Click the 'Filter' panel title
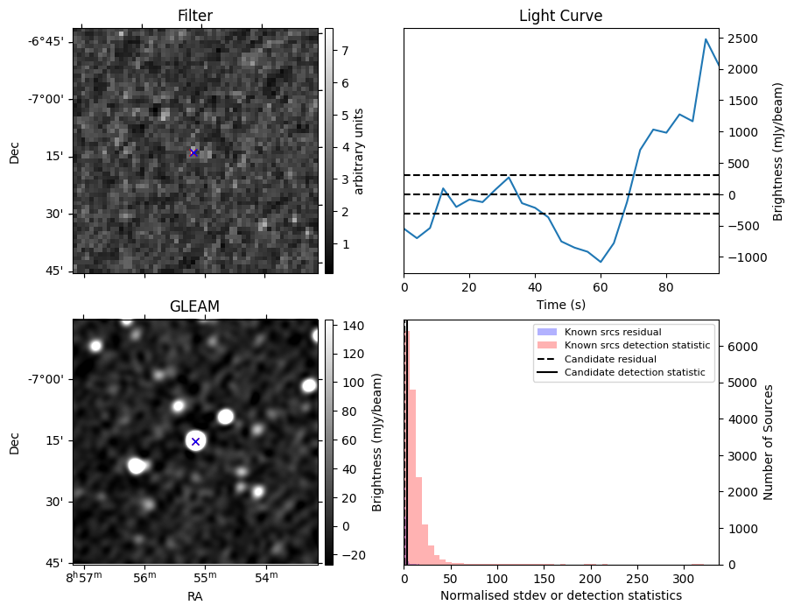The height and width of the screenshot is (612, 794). click(194, 16)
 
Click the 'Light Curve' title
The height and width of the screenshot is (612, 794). click(560, 16)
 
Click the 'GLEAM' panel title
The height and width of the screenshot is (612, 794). click(194, 306)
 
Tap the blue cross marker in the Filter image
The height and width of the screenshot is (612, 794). click(193, 152)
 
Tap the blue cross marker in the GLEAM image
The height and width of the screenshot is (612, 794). click(195, 441)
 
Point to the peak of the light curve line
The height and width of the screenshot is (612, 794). click(706, 39)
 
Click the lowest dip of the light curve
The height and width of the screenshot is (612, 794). click(601, 262)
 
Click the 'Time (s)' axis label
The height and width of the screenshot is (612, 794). click(560, 305)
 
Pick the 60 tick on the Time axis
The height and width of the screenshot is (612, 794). click(601, 286)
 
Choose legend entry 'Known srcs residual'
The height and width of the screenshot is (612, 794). click(612, 333)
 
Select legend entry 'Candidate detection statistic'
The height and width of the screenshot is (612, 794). click(635, 373)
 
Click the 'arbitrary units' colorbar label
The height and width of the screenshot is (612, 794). click(359, 151)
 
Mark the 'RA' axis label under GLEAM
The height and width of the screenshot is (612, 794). click(194, 595)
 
